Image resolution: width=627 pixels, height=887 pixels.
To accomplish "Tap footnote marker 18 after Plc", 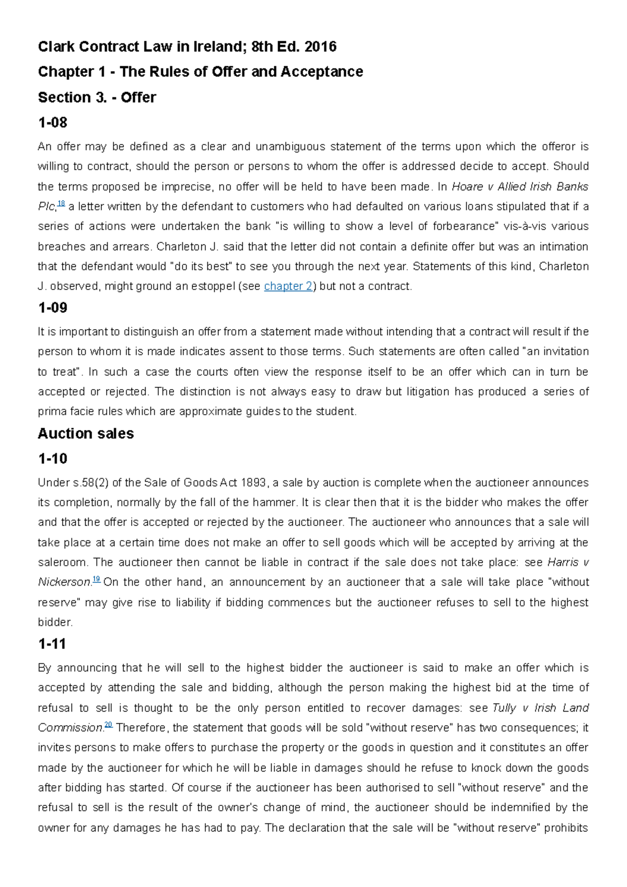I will pos(61,204).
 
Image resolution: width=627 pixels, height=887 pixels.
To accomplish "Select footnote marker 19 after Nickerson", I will pos(96,579).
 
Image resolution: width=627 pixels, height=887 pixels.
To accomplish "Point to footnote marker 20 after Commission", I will pos(108,725).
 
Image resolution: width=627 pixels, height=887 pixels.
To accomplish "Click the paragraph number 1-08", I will pos(52,123).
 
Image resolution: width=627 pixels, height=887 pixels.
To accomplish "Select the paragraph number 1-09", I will pos(52,308).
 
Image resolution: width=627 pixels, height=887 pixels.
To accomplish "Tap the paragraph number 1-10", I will pos(52,459).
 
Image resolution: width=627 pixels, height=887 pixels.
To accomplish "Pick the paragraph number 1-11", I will pos(52,644).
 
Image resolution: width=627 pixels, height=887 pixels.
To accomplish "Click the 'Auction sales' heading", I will pos(86,434).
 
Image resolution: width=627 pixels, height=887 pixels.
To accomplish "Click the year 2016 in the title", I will pos(320,47).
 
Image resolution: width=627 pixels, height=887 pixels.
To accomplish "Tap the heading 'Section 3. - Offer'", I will pos(97,98).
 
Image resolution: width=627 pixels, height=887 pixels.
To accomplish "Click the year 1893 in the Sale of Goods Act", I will pos(253,483).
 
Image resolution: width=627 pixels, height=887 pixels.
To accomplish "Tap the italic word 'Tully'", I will pos(504,708).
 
